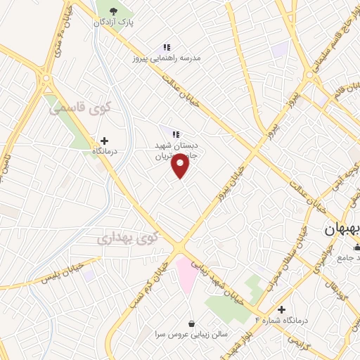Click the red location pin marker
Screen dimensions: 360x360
coord(181,166)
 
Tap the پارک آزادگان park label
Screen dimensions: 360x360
coord(114,22)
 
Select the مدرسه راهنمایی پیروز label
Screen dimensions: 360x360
coord(167,58)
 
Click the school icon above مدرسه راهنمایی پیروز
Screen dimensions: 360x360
coord(166,46)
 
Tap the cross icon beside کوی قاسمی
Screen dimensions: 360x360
coord(105,141)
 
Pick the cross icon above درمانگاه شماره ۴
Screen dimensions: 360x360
coord(281,309)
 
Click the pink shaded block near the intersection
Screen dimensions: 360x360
coord(186,275)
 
